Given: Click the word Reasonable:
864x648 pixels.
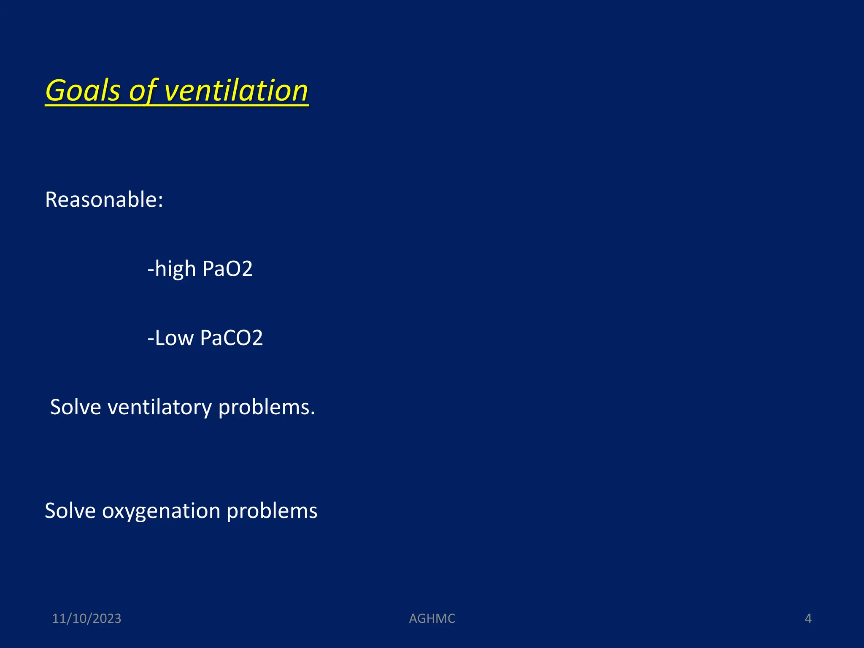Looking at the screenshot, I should (104, 200).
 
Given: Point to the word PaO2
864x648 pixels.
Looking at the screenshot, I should (227, 269).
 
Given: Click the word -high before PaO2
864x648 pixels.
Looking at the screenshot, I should (171, 269).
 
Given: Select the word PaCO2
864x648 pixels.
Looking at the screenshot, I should (232, 338).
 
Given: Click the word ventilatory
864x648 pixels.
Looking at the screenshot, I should (159, 408).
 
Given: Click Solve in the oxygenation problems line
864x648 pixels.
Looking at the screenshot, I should (70, 511).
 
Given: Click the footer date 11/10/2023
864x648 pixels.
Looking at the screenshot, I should (86, 618).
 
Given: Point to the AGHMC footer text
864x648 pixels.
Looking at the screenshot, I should (432, 618).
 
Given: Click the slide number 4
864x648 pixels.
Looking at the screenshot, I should (808, 618).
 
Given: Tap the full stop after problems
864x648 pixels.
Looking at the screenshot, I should (313, 414).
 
